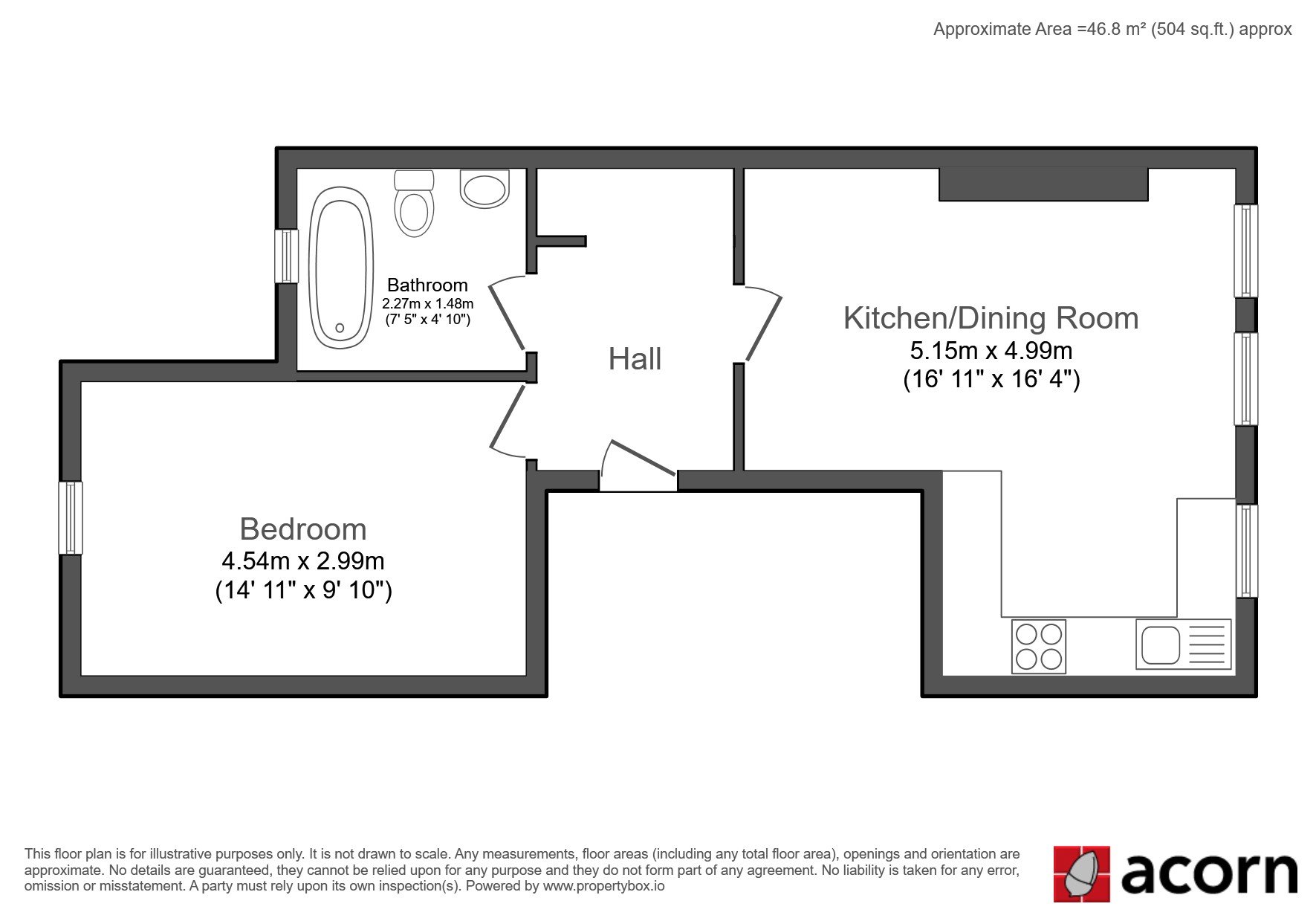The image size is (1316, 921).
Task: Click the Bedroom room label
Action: (303, 529)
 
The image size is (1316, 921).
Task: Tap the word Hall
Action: (635, 359)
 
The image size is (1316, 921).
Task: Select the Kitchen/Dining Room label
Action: (991, 318)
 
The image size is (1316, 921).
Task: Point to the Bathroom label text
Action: (427, 285)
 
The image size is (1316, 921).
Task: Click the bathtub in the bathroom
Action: (341, 268)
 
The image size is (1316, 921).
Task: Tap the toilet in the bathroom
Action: (414, 203)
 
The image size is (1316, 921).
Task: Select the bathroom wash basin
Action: (484, 189)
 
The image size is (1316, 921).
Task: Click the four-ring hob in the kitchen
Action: (1039, 647)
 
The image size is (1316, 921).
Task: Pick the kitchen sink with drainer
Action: (1183, 644)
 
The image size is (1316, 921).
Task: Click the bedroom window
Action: (71, 517)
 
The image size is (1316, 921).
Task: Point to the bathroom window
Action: (286, 256)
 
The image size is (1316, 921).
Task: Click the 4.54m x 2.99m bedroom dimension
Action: (303, 560)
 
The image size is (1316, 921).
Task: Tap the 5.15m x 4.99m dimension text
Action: (991, 349)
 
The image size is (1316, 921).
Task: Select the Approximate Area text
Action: (1112, 29)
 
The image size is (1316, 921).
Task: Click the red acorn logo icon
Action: (1081, 873)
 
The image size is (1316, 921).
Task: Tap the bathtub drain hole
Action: (340, 327)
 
